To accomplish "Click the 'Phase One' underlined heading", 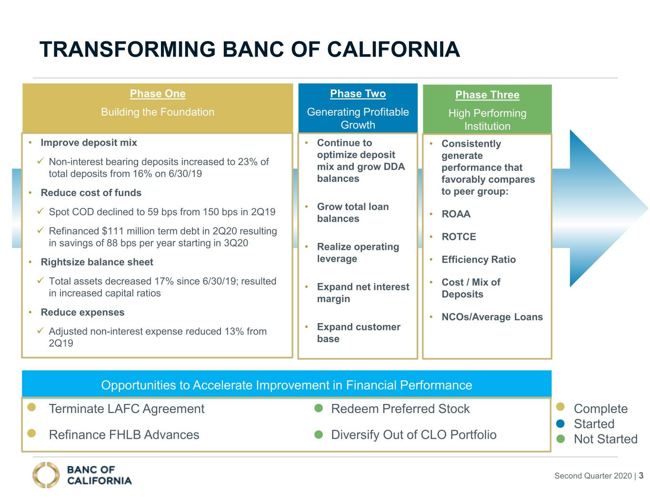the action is click(x=158, y=94).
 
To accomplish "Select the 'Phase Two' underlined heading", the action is click(x=358, y=94).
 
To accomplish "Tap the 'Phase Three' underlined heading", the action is click(x=487, y=95).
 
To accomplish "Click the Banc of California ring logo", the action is click(x=46, y=475).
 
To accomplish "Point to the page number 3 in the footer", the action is click(x=641, y=475).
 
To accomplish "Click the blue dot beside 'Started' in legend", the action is click(x=560, y=423).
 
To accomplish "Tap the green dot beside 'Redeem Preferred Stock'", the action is click(x=319, y=408).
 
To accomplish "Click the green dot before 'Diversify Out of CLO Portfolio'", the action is click(x=319, y=434).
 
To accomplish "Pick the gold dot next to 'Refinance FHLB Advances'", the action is click(x=31, y=433).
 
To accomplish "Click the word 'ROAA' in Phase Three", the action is click(x=456, y=214).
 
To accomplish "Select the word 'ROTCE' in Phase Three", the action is click(x=459, y=236).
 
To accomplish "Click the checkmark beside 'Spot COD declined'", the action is click(x=40, y=211).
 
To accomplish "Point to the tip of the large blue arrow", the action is click(x=648, y=208).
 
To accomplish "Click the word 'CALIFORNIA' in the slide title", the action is click(x=393, y=49).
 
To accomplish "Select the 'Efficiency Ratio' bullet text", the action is click(x=479, y=259).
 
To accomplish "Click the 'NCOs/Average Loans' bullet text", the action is click(x=492, y=317).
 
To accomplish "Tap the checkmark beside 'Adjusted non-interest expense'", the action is click(x=40, y=331).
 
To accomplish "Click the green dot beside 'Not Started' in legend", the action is click(x=560, y=439).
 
